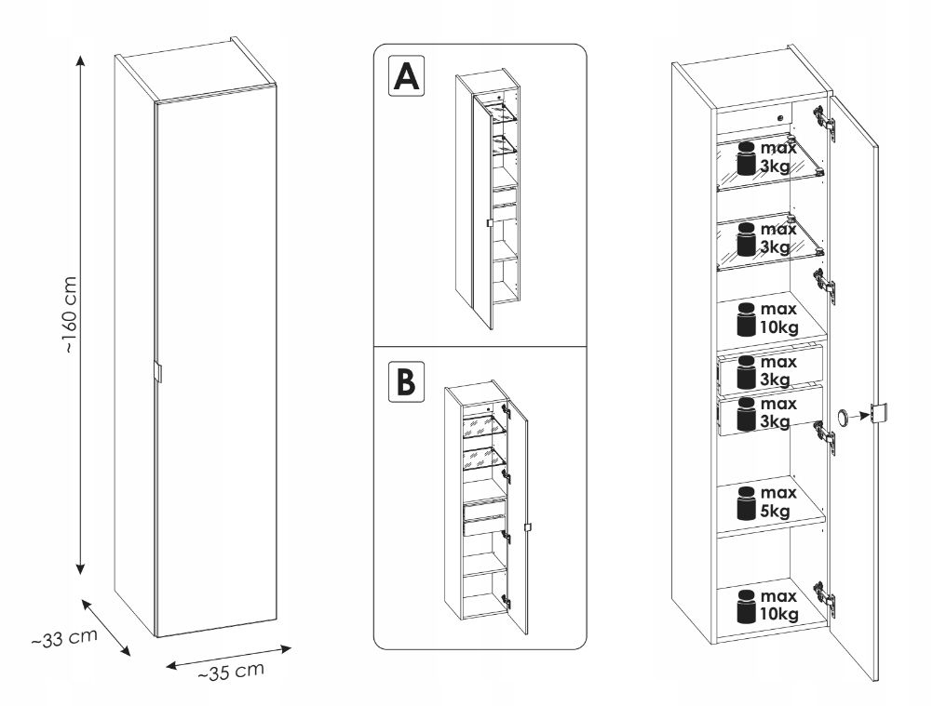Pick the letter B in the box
[x=405, y=382]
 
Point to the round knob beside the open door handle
[x=843, y=417]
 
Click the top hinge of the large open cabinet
[x=820, y=117]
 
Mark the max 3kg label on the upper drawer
[x=776, y=370]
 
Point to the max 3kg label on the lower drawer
[x=776, y=412]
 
